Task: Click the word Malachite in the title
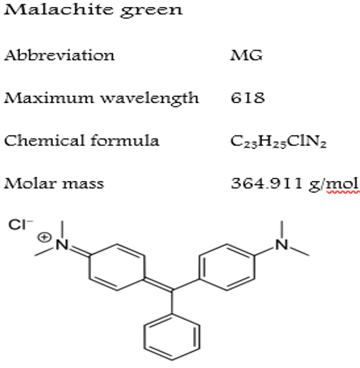tap(58, 9)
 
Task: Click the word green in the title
tap(151, 11)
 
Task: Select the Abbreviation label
tap(59, 55)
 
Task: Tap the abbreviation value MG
tap(246, 55)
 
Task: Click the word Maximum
tap(49, 98)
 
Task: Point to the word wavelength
tap(150, 99)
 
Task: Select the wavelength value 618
tap(248, 98)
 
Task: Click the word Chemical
tap(44, 140)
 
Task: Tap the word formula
tap(125, 140)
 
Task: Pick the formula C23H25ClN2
tap(278, 142)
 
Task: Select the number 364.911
tap(267, 183)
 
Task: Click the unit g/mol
tap(334, 184)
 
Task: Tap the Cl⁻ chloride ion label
tap(21, 225)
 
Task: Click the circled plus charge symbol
tap(44, 238)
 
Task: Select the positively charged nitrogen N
tap(62, 245)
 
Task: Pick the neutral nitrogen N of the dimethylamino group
tap(282, 245)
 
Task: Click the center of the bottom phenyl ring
tap(172, 336)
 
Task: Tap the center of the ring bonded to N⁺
tap(117, 267)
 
